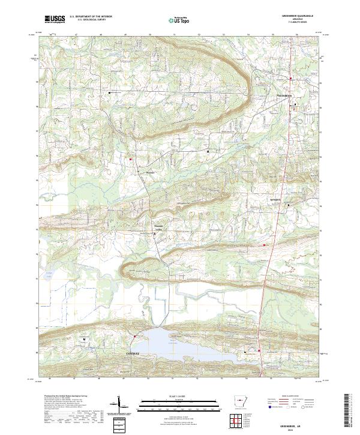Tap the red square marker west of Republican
(131, 159)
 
